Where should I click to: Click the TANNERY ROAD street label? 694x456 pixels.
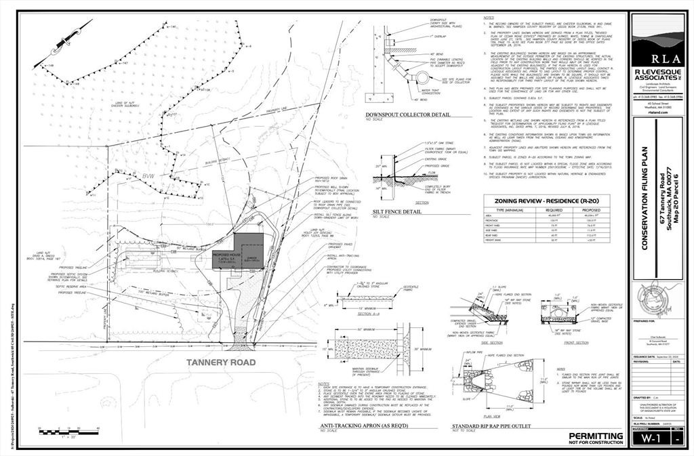[221, 362]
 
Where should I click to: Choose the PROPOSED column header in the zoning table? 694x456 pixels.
[587, 211]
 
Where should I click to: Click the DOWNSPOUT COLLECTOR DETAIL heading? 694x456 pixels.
[407, 115]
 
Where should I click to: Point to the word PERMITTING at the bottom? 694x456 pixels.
[595, 436]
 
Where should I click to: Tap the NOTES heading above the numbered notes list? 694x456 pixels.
[489, 18]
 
